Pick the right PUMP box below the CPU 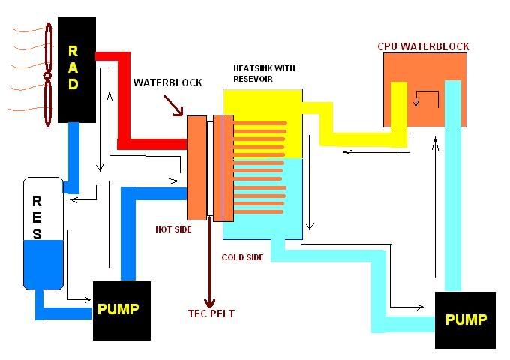pyautogui.click(x=465, y=320)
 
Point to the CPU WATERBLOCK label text pyautogui.click(x=423, y=46)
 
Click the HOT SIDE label pyautogui.click(x=174, y=229)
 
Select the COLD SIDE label pyautogui.click(x=242, y=257)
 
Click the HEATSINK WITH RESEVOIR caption pyautogui.click(x=264, y=73)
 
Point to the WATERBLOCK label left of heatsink pyautogui.click(x=167, y=82)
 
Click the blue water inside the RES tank pyautogui.click(x=43, y=266)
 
